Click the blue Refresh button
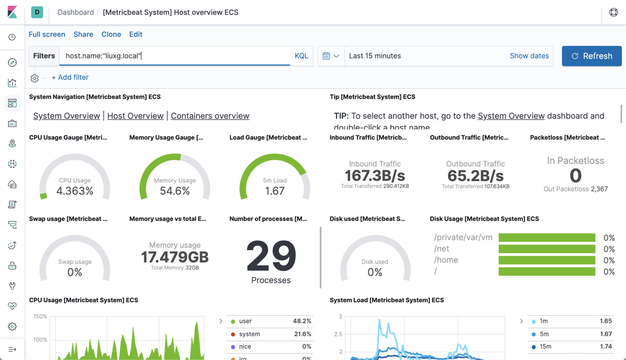[x=592, y=56]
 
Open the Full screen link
[x=47, y=34]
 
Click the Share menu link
[x=83, y=34]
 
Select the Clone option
[x=111, y=34]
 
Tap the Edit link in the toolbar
[x=136, y=34]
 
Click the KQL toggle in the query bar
[x=301, y=56]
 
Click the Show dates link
[x=529, y=56]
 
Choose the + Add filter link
[x=70, y=77]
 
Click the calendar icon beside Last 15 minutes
[x=327, y=56]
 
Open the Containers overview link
[x=210, y=116]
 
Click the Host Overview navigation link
[x=135, y=116]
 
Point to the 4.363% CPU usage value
[x=75, y=191]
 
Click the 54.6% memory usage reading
[x=175, y=191]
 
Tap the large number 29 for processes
[x=271, y=257]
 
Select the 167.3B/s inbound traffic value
[x=375, y=175]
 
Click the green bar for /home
[x=547, y=260]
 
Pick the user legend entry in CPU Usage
[x=245, y=321]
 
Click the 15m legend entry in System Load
[x=545, y=346]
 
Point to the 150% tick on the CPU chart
[x=40, y=316]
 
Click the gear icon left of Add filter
[x=34, y=78]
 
